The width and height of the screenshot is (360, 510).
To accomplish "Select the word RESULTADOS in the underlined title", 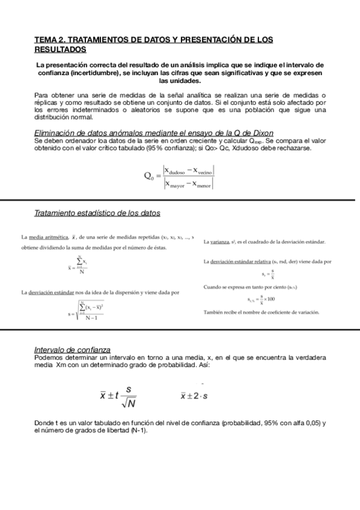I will pyautogui.click(x=60, y=49).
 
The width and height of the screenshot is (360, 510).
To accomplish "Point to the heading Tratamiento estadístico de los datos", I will pyautogui.click(x=97, y=213).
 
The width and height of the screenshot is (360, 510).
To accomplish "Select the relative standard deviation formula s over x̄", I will pyautogui.click(x=272, y=274).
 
